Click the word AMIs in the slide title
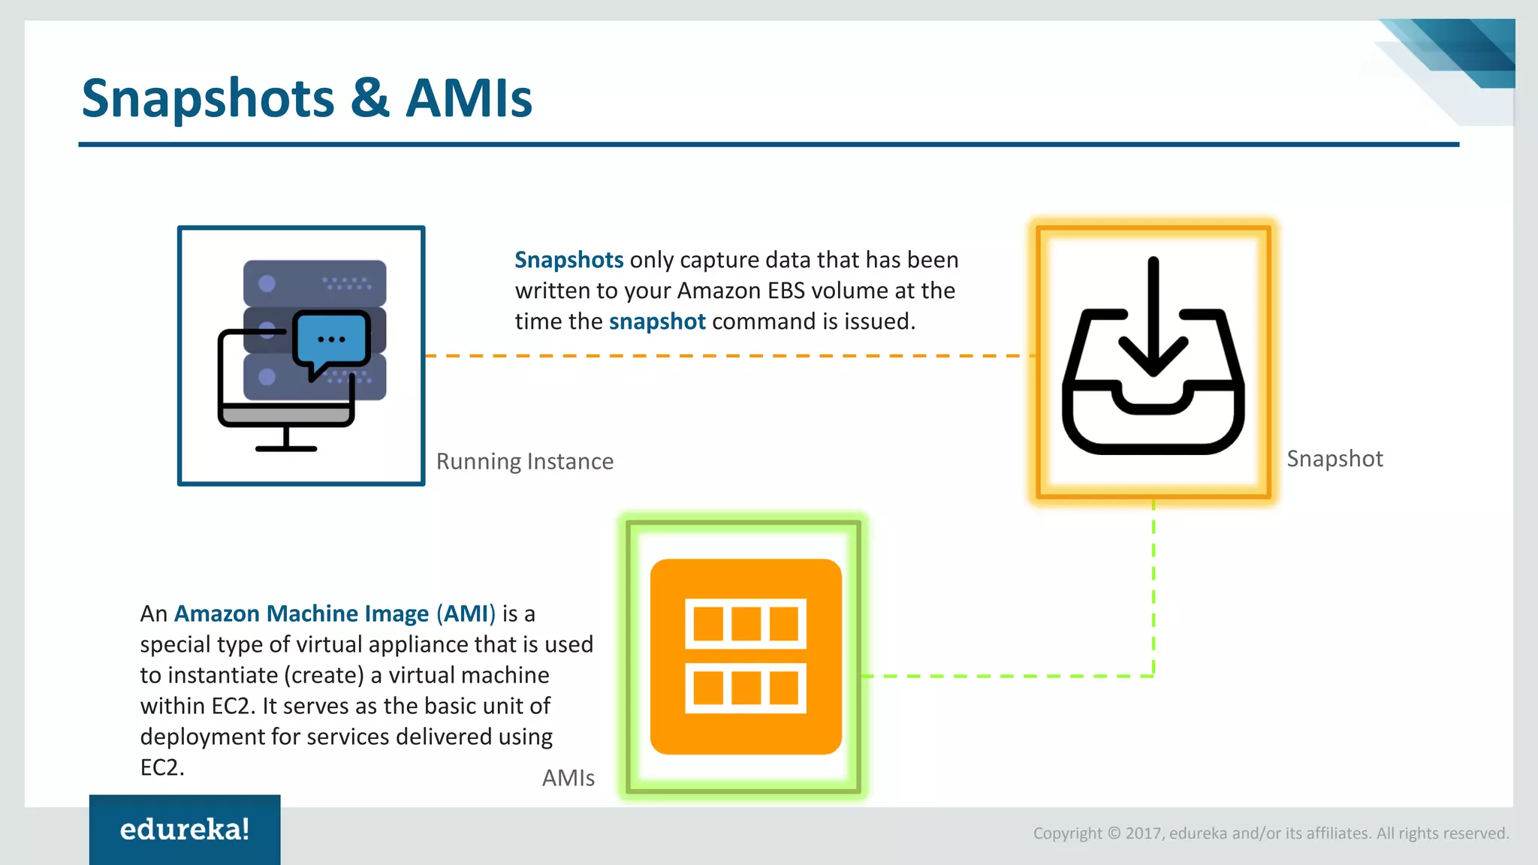pyautogui.click(x=469, y=98)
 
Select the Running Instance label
pyautogui.click(x=524, y=461)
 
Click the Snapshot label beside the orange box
pyautogui.click(x=1334, y=459)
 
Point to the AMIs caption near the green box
pyautogui.click(x=568, y=778)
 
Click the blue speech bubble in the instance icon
pyautogui.click(x=331, y=339)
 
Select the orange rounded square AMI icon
pyautogui.click(x=746, y=656)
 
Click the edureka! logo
pyautogui.click(x=185, y=830)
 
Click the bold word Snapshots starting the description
pyautogui.click(x=568, y=260)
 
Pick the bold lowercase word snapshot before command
pyautogui.click(x=657, y=321)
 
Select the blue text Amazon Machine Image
pyautogui.click(x=301, y=613)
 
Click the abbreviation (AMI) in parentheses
pyautogui.click(x=466, y=613)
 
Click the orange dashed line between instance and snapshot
pyautogui.click(x=721, y=356)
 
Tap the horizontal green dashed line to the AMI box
pyautogui.click(x=1006, y=676)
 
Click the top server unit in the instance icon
pyautogui.click(x=315, y=283)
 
